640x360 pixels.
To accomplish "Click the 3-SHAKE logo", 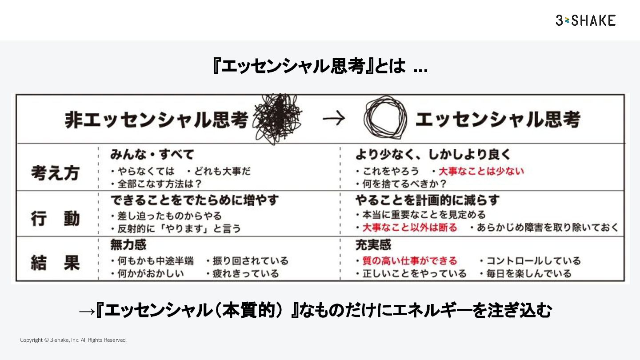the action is click(585, 20).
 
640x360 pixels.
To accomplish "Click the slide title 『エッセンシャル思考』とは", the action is click(320, 67).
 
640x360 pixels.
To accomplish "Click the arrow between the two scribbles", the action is click(333, 119).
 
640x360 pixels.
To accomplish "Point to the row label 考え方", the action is click(55, 173).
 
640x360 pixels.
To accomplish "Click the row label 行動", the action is click(55, 219).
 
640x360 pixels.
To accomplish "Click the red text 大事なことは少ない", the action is click(481, 171).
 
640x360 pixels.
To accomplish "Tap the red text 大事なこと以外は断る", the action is click(409, 228).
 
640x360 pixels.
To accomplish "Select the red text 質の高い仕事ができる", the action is click(409, 261).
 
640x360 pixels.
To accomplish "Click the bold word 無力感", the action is click(128, 245).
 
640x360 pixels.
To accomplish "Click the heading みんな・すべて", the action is click(152, 155).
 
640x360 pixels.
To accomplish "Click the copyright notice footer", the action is click(74, 340).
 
